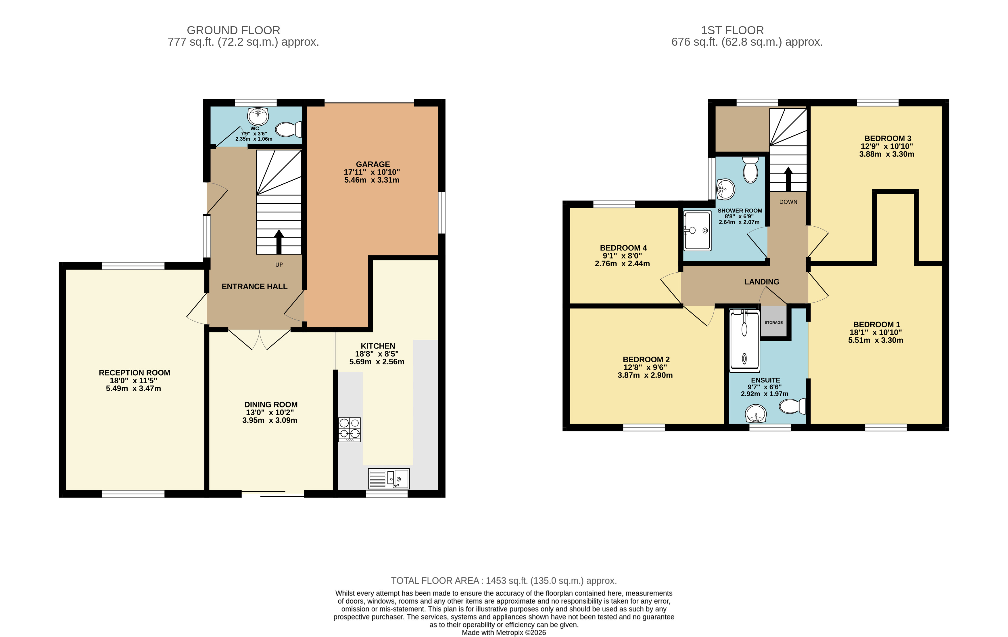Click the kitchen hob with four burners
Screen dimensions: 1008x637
point(349,430)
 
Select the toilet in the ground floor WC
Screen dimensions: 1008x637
point(288,129)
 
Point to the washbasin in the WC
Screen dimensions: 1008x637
point(258,116)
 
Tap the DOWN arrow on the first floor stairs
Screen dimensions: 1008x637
point(788,179)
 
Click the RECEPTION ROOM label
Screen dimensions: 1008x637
point(135,373)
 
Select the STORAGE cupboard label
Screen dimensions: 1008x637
point(773,322)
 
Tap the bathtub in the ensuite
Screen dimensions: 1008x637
point(744,341)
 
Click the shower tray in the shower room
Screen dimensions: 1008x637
point(697,230)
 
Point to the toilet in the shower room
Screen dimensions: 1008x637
point(750,170)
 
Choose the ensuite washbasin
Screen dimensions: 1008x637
point(756,414)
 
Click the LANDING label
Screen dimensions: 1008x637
point(761,282)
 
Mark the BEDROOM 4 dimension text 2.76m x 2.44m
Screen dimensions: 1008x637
point(622,263)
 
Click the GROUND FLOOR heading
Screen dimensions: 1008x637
point(233,30)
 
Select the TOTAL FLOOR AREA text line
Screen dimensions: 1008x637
point(504,580)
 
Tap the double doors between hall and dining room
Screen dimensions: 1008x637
point(260,339)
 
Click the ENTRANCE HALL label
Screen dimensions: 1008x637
point(254,286)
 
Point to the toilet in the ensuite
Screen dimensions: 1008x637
point(792,406)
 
